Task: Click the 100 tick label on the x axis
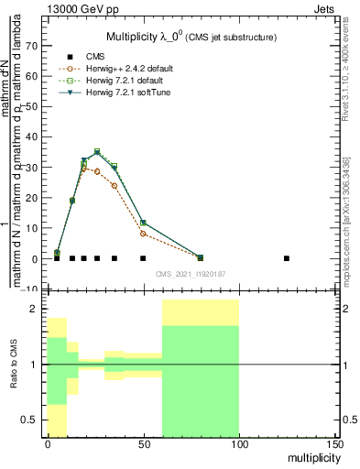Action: click(x=239, y=445)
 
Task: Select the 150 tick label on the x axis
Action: click(x=334, y=445)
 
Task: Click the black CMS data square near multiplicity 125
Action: click(x=287, y=258)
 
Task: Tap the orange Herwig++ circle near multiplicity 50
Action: click(x=143, y=234)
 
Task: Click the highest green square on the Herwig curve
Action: click(x=97, y=151)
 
